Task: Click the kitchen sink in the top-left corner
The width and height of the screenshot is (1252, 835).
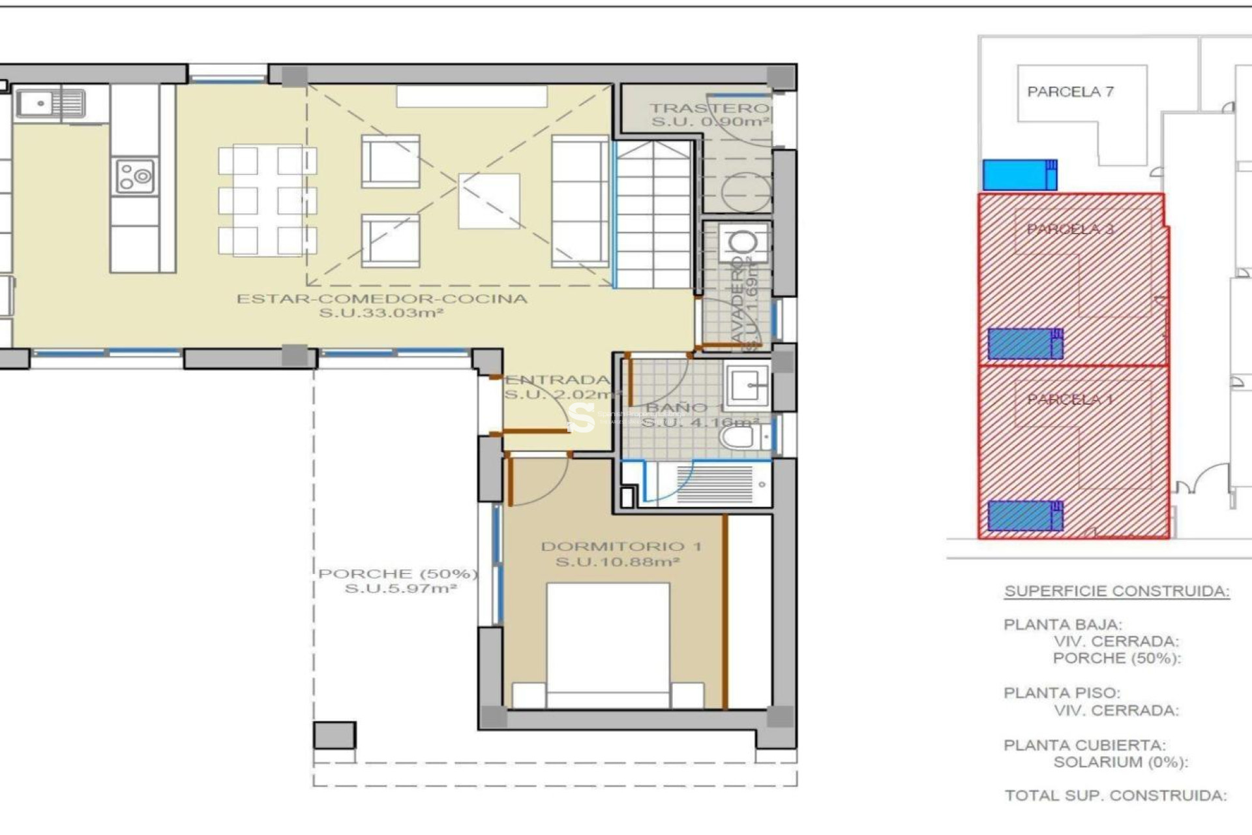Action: [x=51, y=103]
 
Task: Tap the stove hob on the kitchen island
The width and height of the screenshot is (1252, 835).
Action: [x=135, y=176]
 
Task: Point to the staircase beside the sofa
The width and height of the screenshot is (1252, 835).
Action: [x=653, y=215]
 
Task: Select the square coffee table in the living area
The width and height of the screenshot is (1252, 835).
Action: [x=489, y=201]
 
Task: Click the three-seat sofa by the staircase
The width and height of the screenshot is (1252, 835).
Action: [x=580, y=201]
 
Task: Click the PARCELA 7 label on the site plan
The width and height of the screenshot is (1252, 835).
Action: [x=1070, y=92]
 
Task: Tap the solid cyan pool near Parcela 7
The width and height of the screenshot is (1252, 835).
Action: [x=1019, y=175]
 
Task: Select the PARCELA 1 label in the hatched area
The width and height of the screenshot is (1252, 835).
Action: [x=1069, y=399]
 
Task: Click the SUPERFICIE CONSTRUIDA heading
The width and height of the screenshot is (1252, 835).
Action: [x=1116, y=591]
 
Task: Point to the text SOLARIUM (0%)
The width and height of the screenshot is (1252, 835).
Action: [x=1120, y=762]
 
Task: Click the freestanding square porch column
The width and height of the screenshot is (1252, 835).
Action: [x=335, y=735]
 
